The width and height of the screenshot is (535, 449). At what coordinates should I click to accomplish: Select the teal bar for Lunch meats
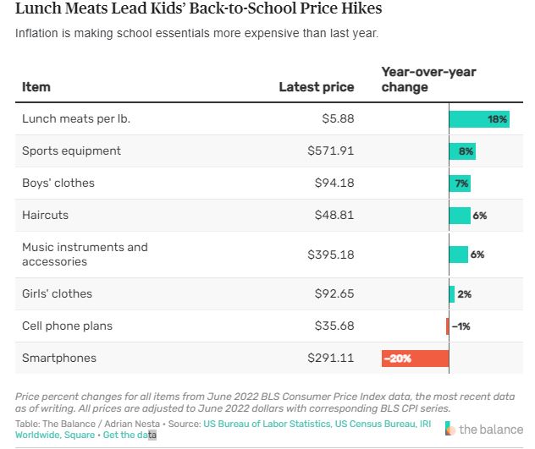tap(478, 119)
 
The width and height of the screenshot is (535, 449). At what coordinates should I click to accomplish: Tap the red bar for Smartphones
tap(415, 359)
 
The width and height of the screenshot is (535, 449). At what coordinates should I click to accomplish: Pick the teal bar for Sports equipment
tap(462, 151)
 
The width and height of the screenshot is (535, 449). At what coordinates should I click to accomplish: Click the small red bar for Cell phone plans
tap(448, 326)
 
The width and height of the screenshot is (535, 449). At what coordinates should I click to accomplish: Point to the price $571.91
tap(330, 151)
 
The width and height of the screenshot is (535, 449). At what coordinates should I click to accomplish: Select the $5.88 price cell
tap(337, 119)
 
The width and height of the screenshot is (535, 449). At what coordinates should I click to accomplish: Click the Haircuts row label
tap(46, 216)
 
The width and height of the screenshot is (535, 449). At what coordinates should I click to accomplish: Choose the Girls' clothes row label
tap(57, 294)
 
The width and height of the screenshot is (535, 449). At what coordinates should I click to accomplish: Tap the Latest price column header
tap(317, 87)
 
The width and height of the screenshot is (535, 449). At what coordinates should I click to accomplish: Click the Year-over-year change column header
tap(428, 79)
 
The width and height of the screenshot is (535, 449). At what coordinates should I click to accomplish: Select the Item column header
tap(36, 87)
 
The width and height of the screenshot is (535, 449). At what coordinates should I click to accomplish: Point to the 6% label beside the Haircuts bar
tap(479, 216)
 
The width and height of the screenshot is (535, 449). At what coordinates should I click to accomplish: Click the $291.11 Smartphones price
tap(330, 359)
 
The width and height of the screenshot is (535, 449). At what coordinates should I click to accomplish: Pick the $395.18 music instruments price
tap(330, 255)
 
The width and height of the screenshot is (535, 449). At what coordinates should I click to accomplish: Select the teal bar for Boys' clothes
tap(460, 183)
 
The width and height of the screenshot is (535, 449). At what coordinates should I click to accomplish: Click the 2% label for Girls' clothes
tap(464, 294)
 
